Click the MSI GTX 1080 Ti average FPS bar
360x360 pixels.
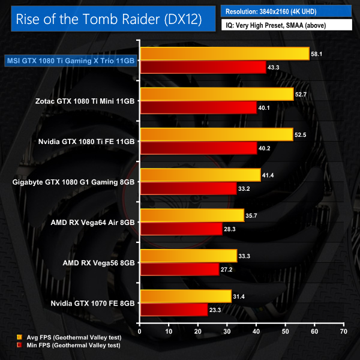[224, 54]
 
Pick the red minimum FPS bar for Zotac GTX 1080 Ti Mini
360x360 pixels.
[198, 107]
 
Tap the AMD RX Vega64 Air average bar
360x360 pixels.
[191, 215]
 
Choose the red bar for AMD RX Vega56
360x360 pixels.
[179, 269]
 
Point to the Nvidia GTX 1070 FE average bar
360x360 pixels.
[185, 296]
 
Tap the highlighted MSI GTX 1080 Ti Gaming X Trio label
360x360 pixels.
[70, 60]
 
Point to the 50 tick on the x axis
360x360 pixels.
[285, 331]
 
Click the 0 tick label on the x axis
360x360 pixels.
[140, 331]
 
